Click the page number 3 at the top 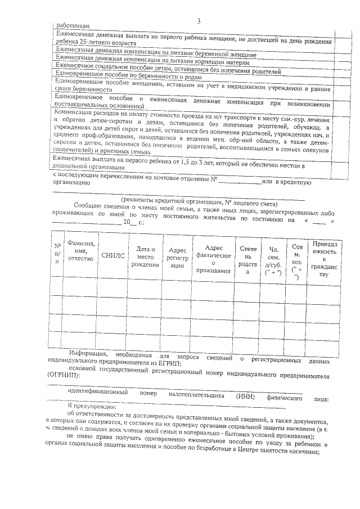[199, 21]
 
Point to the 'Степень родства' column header [247, 260]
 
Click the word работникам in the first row [74, 26]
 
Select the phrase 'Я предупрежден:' [91, 406]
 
